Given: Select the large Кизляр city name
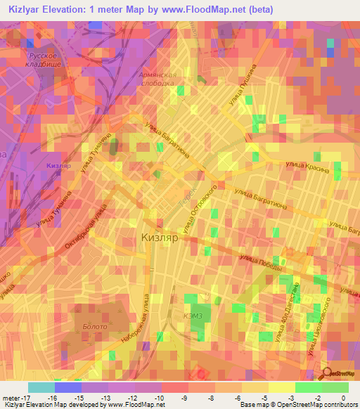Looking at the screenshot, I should tap(162, 238).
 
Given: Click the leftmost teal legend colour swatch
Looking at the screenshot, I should tap(41, 387).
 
